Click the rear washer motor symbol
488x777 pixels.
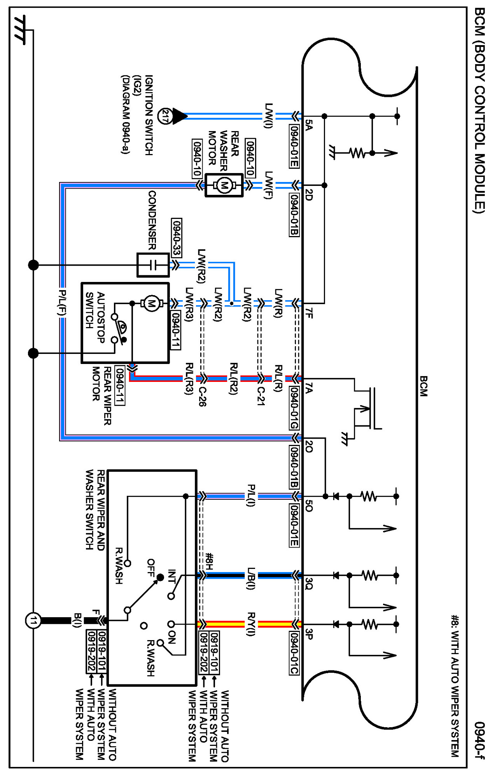pyautogui.click(x=224, y=185)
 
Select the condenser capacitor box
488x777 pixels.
pyautogui.click(x=153, y=265)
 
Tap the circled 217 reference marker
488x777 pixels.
pyautogui.click(x=165, y=116)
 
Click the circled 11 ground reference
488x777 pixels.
pyautogui.click(x=33, y=621)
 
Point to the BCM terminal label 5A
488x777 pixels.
pyautogui.click(x=309, y=125)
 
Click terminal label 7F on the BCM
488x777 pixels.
pyautogui.click(x=309, y=313)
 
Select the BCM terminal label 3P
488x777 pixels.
pyautogui.click(x=309, y=634)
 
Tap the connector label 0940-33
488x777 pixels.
pyautogui.click(x=177, y=238)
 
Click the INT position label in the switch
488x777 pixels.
pyautogui.click(x=172, y=576)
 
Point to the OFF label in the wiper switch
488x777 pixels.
pyautogui.click(x=151, y=568)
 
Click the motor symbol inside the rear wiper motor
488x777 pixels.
pyautogui.click(x=151, y=303)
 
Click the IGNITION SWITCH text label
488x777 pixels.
pyautogui.click(x=149, y=115)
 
